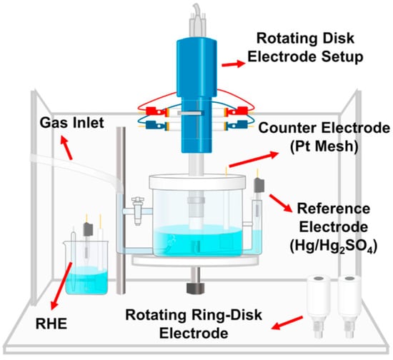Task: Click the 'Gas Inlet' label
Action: pos(72,123)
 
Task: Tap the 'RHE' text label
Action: pos(51,324)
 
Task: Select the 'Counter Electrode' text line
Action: pos(324,128)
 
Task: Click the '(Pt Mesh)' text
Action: pos(324,146)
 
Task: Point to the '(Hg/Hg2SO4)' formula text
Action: pos(334,246)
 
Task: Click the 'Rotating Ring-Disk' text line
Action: pos(194,315)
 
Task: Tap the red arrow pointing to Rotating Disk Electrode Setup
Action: pos(234,64)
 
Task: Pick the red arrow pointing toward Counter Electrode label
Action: pos(254,159)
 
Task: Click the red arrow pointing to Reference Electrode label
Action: pos(281,203)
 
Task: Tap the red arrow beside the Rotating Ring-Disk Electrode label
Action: pos(287,323)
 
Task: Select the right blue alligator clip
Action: pos(237,125)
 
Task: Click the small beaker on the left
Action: pos(86,267)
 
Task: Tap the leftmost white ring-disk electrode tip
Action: pos(318,307)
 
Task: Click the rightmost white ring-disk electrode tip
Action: pos(349,307)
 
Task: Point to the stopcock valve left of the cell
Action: pos(138,211)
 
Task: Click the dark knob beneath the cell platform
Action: pos(196,288)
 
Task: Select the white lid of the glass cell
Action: pos(197,181)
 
